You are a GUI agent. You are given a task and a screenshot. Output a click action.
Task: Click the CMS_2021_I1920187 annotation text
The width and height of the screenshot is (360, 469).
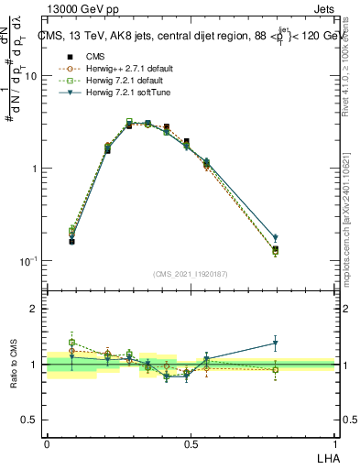tap(191, 274)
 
